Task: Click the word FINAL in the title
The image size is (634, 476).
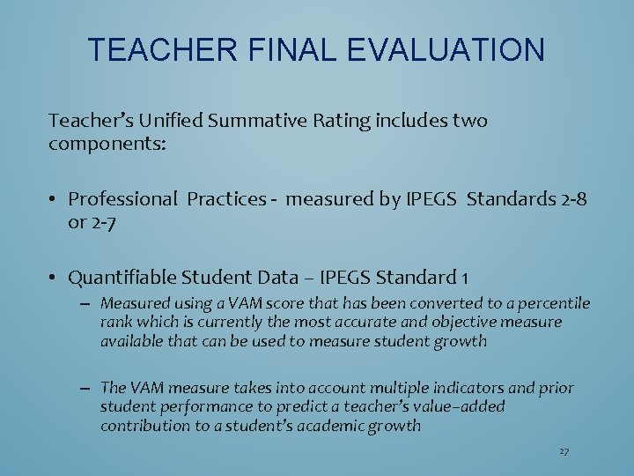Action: (x=289, y=49)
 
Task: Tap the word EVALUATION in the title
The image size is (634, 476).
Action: (x=446, y=49)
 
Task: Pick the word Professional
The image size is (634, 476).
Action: (x=122, y=199)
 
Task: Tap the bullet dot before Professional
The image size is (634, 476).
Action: (x=54, y=200)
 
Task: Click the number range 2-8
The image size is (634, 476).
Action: (x=568, y=199)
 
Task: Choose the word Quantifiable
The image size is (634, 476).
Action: (x=122, y=279)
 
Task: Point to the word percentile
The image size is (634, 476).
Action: (x=554, y=303)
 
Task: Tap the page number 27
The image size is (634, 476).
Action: (x=564, y=451)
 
